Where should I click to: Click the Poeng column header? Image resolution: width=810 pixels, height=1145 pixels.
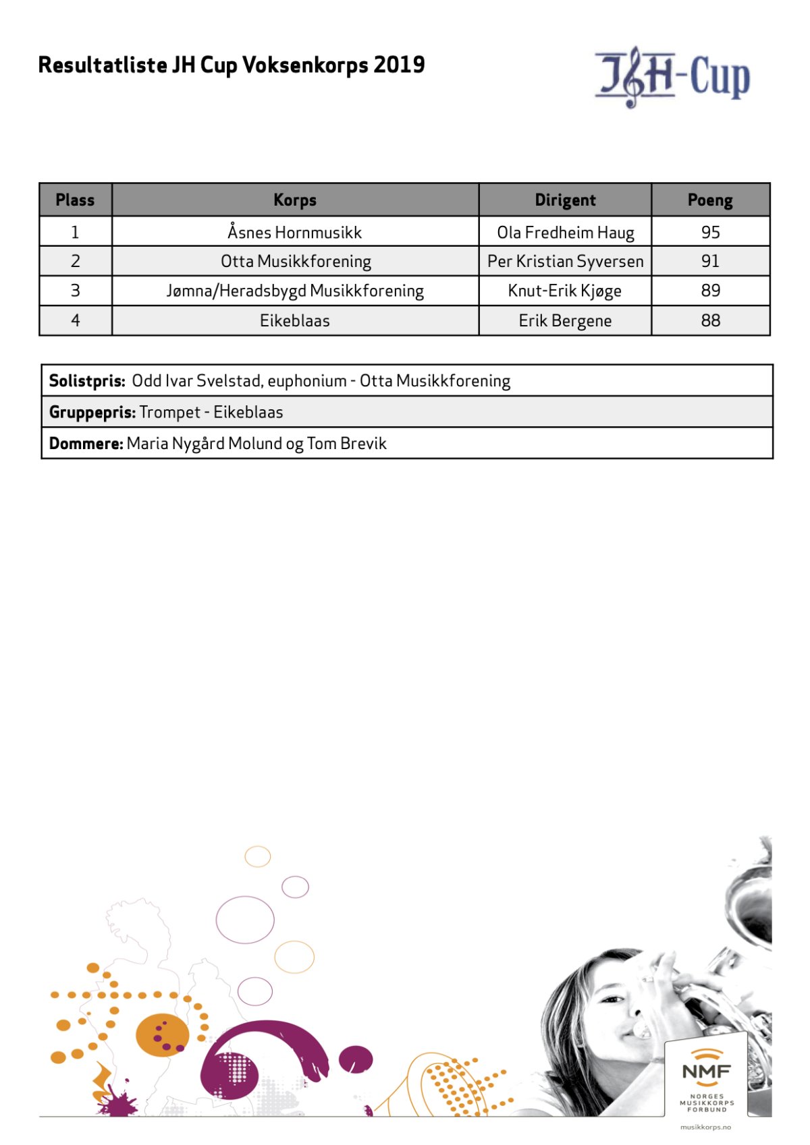(710, 200)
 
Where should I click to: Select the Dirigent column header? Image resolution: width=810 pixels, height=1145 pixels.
(565, 200)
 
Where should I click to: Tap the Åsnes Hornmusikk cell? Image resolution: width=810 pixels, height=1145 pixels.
(294, 233)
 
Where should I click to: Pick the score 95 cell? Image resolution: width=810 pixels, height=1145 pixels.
(710, 233)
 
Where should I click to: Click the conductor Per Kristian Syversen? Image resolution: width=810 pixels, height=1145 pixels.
(565, 262)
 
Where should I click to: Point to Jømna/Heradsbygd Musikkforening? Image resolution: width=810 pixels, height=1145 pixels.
(295, 291)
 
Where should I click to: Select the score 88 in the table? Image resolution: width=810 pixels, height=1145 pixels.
(710, 321)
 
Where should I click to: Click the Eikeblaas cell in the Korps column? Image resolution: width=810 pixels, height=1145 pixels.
(295, 321)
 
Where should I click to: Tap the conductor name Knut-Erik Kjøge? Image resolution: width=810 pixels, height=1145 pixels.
(564, 291)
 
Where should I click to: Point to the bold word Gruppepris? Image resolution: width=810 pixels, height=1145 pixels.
(92, 413)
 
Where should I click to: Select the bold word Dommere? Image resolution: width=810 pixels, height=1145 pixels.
(86, 444)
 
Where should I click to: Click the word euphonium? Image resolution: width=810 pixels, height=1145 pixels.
(307, 381)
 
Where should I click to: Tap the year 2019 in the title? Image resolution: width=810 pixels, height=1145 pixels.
(399, 65)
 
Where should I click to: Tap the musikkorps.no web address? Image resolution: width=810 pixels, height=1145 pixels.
(705, 1127)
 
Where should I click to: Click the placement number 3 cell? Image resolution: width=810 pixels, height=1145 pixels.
(75, 291)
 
